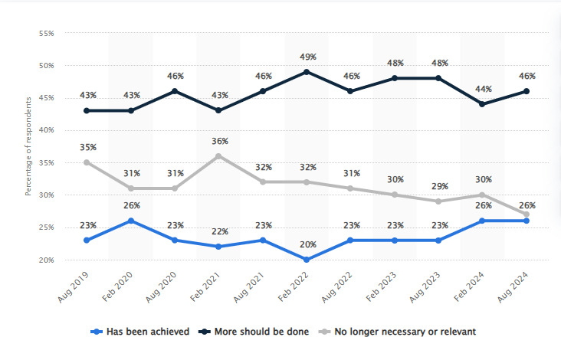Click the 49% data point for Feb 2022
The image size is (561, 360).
pos(307,72)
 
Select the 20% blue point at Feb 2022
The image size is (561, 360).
pos(307,260)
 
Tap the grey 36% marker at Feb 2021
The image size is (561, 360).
pos(218,156)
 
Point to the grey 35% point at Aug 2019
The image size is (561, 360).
pos(87,162)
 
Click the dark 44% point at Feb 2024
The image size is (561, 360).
pos(483,104)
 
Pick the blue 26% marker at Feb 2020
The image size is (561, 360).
pos(130,221)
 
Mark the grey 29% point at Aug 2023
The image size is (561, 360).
pos(439,201)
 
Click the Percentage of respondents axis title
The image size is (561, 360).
pos(28,148)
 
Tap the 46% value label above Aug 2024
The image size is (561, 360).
pos(527,77)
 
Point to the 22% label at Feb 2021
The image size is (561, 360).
pos(218,232)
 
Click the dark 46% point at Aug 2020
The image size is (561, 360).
pos(175,91)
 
